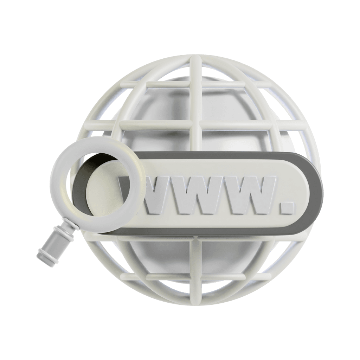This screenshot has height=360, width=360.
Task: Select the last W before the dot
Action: coord(248,195)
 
